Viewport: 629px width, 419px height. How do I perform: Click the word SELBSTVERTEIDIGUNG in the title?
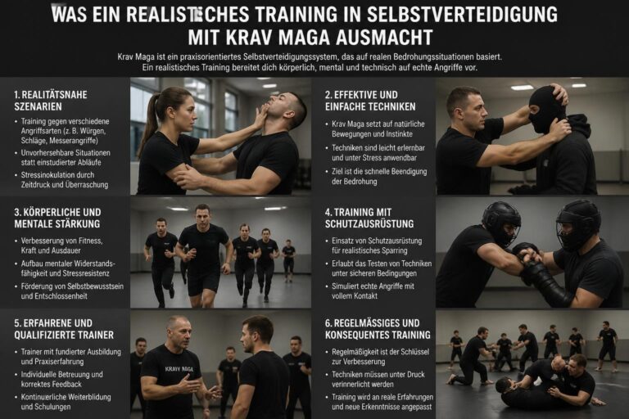coord(462,15)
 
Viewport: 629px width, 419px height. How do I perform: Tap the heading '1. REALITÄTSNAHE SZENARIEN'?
coord(51,101)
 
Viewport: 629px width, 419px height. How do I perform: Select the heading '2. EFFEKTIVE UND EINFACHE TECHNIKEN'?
coord(370,101)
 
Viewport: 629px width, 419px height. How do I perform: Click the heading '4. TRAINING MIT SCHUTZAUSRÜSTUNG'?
coord(369,218)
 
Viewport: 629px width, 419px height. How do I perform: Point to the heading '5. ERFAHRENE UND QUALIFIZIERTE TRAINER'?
coord(64,329)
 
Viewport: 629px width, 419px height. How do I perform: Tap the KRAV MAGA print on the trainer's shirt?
coord(179,369)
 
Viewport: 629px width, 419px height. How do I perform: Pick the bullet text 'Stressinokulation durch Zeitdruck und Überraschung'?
coord(65,179)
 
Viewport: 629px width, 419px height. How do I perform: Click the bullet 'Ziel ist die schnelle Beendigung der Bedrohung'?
coord(379,177)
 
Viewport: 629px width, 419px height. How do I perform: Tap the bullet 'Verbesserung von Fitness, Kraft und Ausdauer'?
coord(61,246)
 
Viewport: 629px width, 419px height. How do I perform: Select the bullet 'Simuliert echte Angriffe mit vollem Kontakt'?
coord(373,291)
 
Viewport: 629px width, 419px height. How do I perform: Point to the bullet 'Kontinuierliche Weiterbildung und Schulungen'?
coord(66,402)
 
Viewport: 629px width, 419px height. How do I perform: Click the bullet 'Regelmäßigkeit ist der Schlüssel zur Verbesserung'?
coord(380,357)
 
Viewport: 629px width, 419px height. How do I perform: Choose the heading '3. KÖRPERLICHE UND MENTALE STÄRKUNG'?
coord(58,218)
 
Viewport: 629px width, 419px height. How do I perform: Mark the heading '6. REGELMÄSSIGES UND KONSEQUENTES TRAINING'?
coord(378,329)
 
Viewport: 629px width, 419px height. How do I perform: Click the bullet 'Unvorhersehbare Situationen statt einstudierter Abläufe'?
coord(66,158)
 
